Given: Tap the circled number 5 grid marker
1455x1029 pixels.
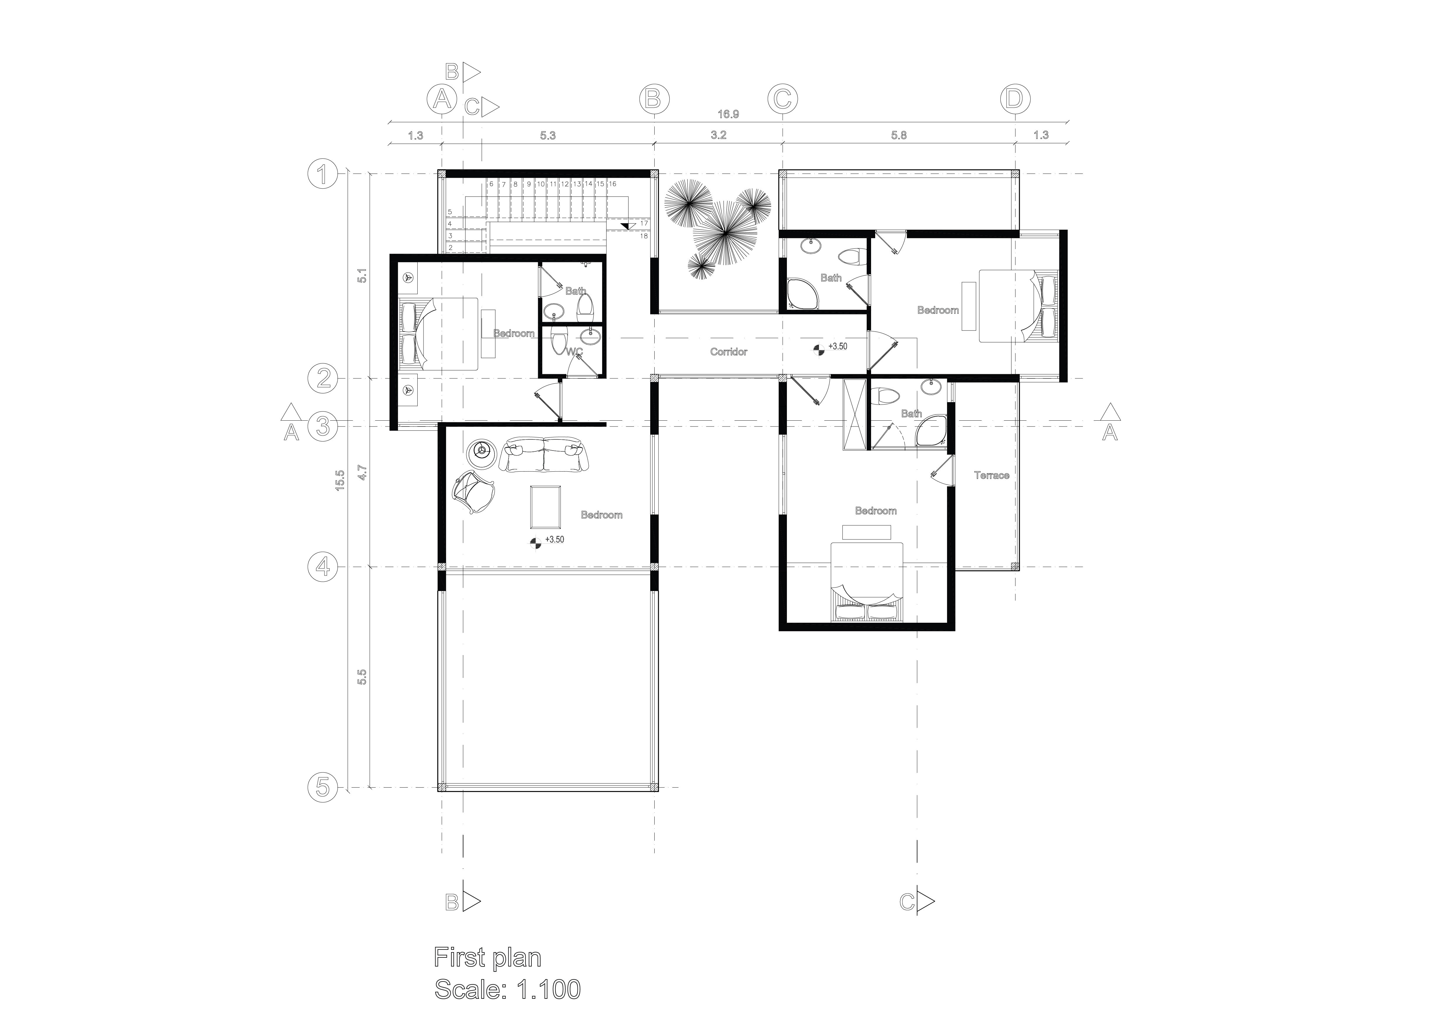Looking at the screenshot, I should click(323, 788).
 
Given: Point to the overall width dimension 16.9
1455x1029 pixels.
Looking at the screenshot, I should click(728, 115).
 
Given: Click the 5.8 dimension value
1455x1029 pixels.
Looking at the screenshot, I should click(898, 135).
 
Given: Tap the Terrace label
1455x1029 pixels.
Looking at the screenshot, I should click(991, 475).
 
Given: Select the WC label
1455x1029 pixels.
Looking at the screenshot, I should click(574, 352).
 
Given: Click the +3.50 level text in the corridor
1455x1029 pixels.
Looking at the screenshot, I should click(837, 347).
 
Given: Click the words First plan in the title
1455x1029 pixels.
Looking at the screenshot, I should click(487, 957).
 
